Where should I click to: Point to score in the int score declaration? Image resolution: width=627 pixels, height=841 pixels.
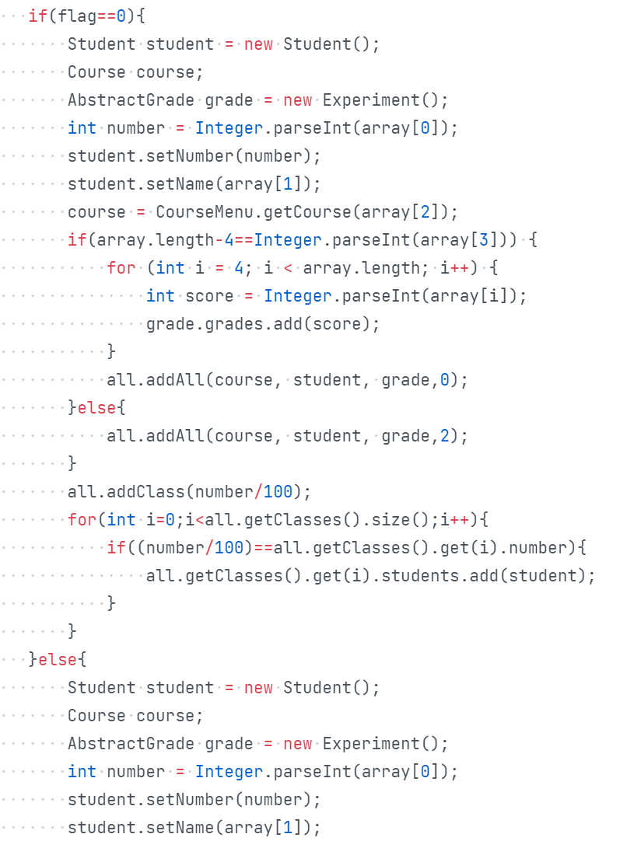point(209,295)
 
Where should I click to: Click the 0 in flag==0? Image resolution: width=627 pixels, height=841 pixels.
point(121,16)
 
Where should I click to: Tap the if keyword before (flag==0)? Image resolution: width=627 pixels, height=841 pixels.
point(37,16)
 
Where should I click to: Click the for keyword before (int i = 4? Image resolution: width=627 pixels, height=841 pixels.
point(121,267)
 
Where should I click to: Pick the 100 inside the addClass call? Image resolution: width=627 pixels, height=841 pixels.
point(278,491)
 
